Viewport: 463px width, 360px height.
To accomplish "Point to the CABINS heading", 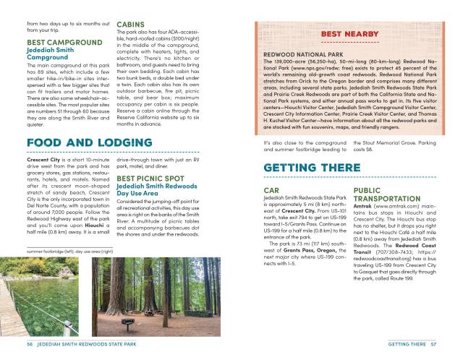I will click(x=132, y=24).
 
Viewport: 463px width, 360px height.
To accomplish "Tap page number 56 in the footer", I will click(x=30, y=343).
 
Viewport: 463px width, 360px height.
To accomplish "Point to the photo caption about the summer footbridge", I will click(x=70, y=251).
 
